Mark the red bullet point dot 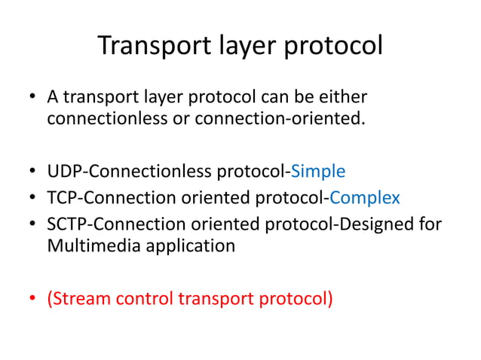click(x=32, y=298)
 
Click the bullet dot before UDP click(x=32, y=171)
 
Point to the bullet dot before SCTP click(x=32, y=224)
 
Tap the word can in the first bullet click(x=263, y=97)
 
